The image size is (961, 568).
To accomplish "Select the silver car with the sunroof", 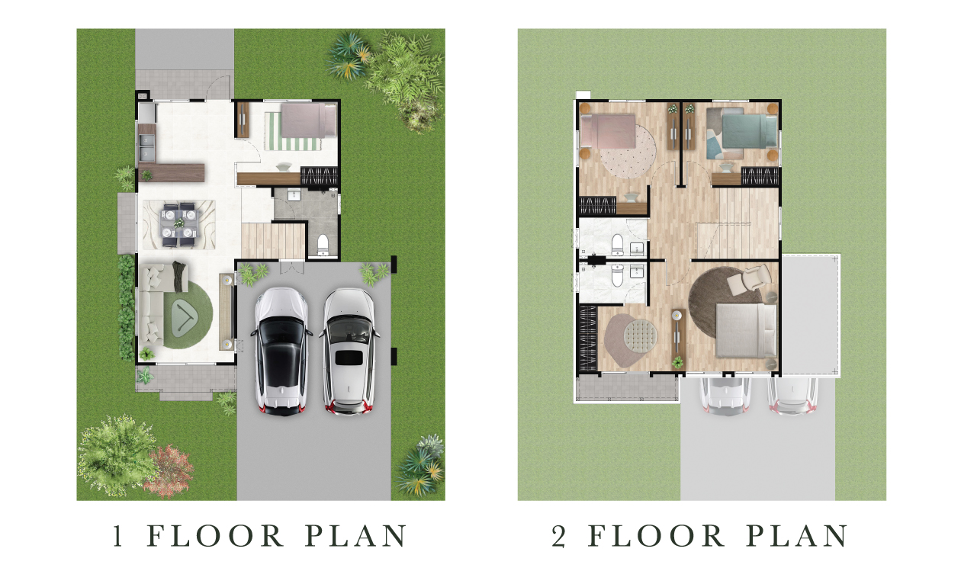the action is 349,351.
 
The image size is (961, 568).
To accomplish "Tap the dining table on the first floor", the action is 179,224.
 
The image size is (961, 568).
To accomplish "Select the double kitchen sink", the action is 146,146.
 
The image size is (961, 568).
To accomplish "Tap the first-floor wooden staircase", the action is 273,241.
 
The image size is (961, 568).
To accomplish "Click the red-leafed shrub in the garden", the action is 169,471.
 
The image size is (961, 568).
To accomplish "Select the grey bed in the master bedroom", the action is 746,330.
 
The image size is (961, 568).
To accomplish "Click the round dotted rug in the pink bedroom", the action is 628,151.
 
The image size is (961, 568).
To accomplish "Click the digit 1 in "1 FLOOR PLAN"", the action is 117,536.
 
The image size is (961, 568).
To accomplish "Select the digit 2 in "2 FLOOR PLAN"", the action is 558,536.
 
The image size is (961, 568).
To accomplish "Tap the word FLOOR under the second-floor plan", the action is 656,536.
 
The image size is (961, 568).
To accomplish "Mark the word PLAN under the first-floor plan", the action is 355,536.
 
